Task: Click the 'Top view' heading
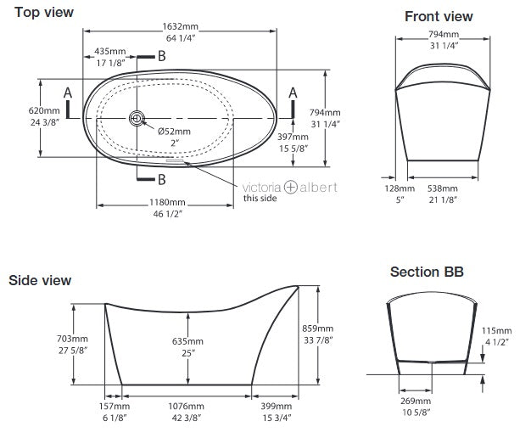44,13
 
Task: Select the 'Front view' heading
439,17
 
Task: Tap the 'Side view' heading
40,280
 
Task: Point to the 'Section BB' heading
426,272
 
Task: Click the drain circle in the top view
136,119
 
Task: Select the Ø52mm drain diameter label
174,131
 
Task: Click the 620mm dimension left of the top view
21,111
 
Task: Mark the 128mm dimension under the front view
400,188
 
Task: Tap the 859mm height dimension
333,328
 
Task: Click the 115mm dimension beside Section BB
500,330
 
